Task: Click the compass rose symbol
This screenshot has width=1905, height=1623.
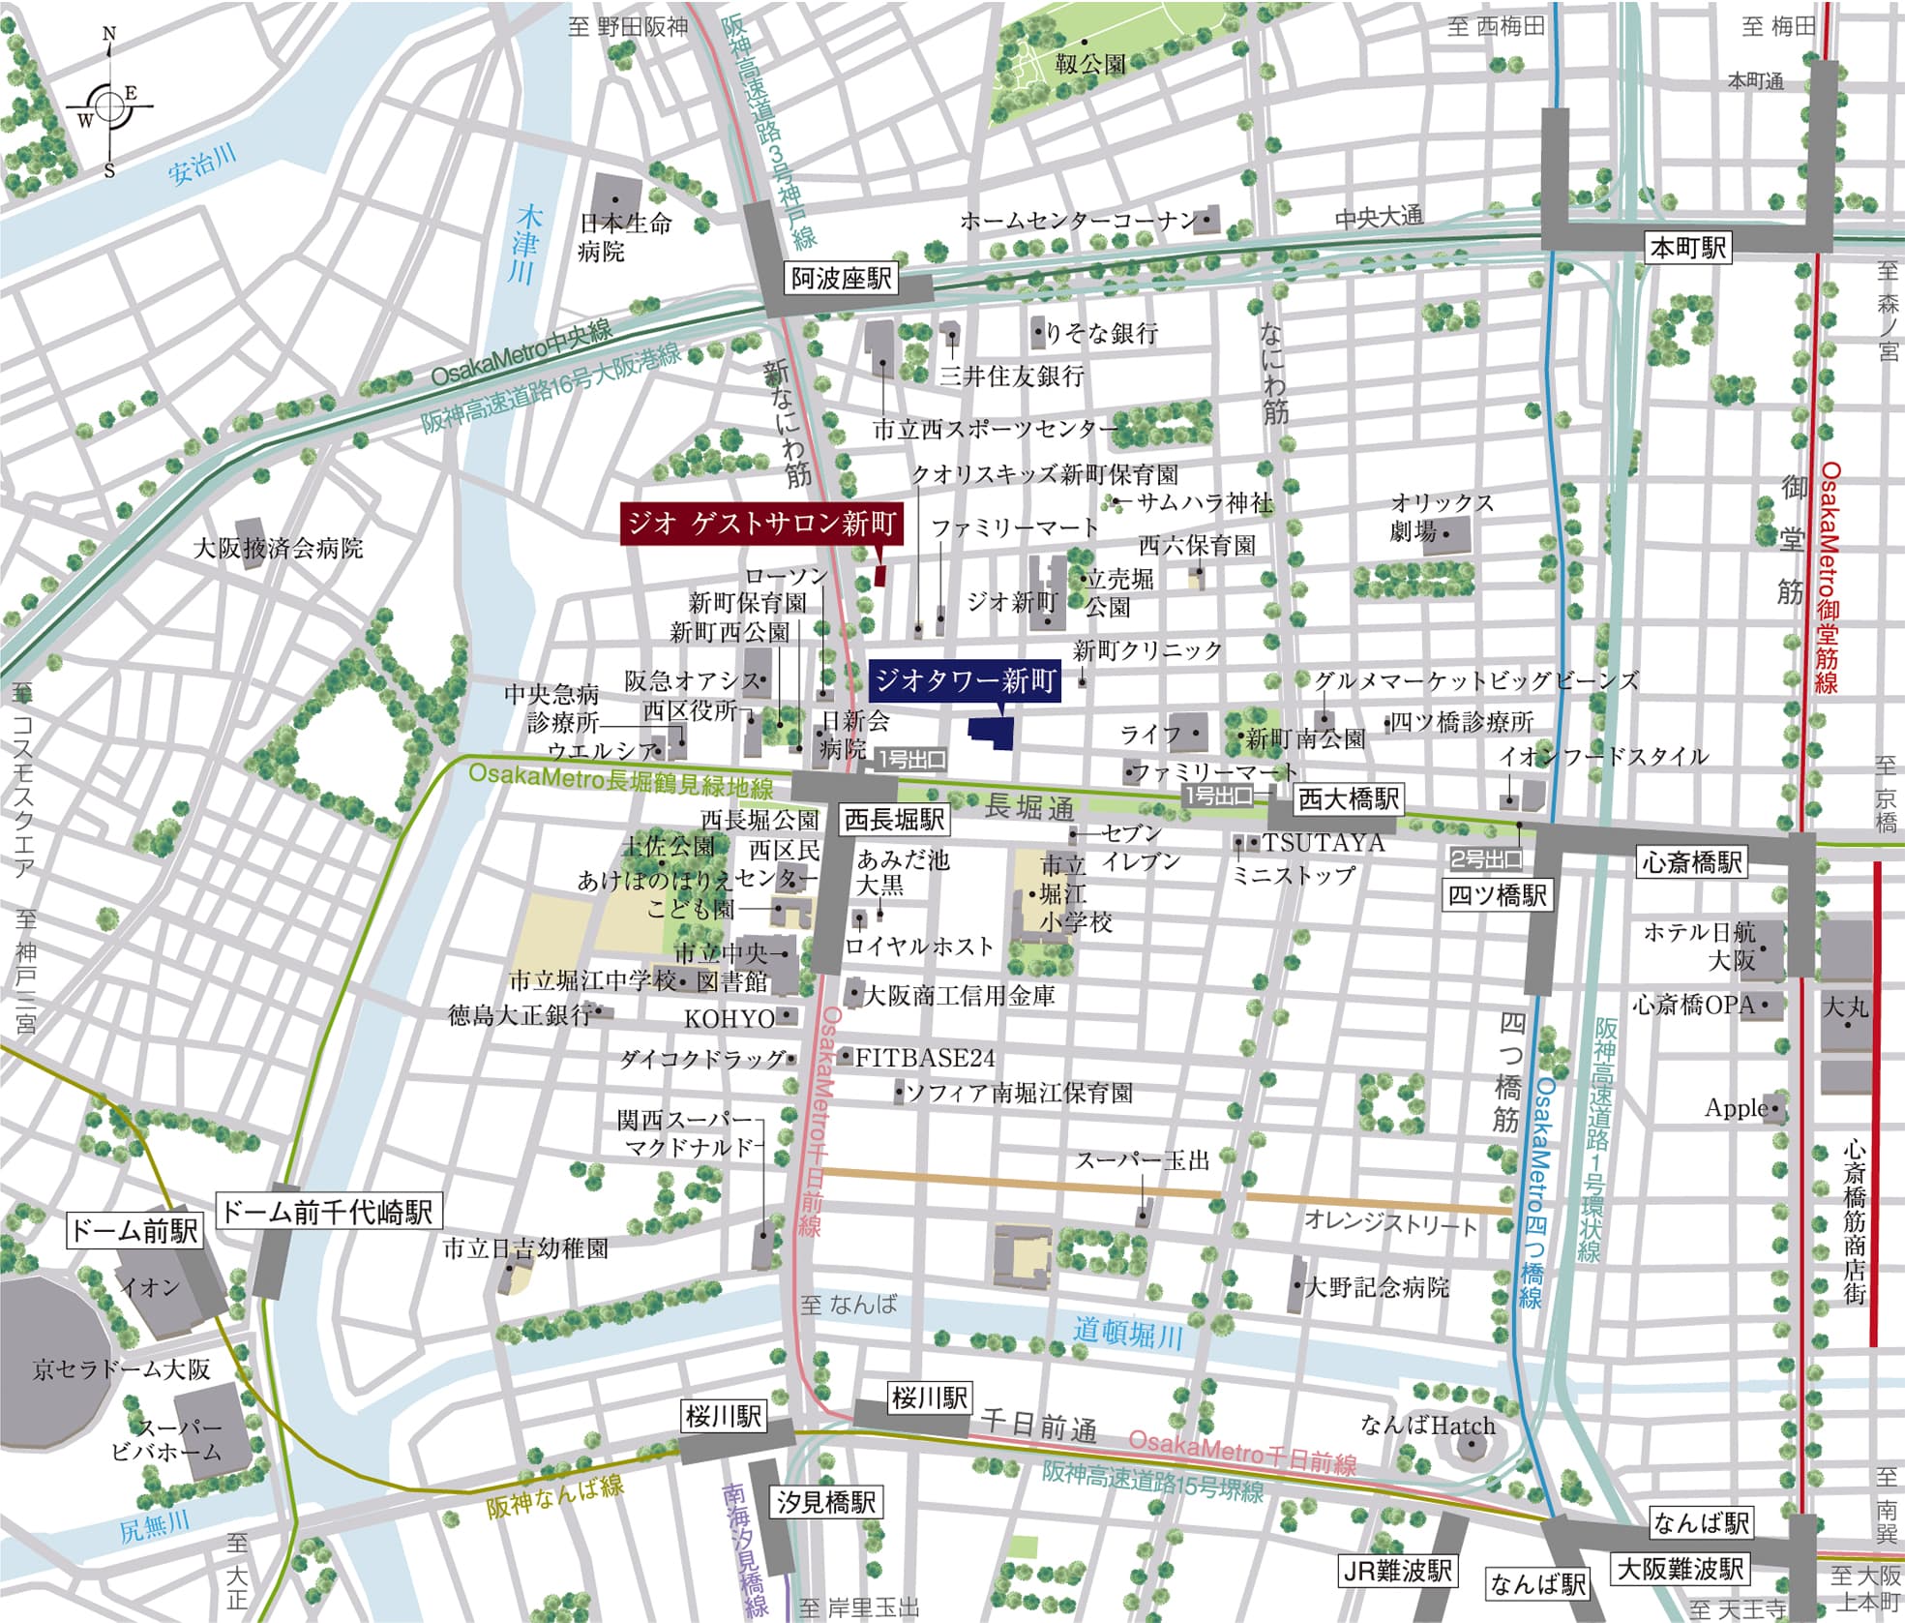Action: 109,104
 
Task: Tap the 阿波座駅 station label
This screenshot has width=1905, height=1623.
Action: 841,280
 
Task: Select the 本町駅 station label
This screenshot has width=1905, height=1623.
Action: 1687,248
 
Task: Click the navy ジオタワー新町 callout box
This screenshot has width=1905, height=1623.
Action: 965,681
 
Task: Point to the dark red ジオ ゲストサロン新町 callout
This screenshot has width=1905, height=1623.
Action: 761,524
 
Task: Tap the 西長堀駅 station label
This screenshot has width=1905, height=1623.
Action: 894,821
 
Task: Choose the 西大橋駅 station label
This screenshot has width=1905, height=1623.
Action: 1348,799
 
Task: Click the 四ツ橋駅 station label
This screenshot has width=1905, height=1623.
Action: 1497,895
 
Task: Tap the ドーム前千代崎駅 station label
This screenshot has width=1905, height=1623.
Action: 327,1212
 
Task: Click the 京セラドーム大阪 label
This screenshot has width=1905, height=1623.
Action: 121,1369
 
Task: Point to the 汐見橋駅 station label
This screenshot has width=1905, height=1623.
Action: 825,1502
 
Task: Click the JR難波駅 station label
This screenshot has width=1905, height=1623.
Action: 1397,1571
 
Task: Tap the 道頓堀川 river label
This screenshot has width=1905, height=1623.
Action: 1127,1334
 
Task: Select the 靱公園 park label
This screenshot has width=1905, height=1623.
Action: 1090,65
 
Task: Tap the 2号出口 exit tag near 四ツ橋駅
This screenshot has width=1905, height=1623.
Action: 1486,858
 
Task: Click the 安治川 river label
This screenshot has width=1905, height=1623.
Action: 201,166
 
